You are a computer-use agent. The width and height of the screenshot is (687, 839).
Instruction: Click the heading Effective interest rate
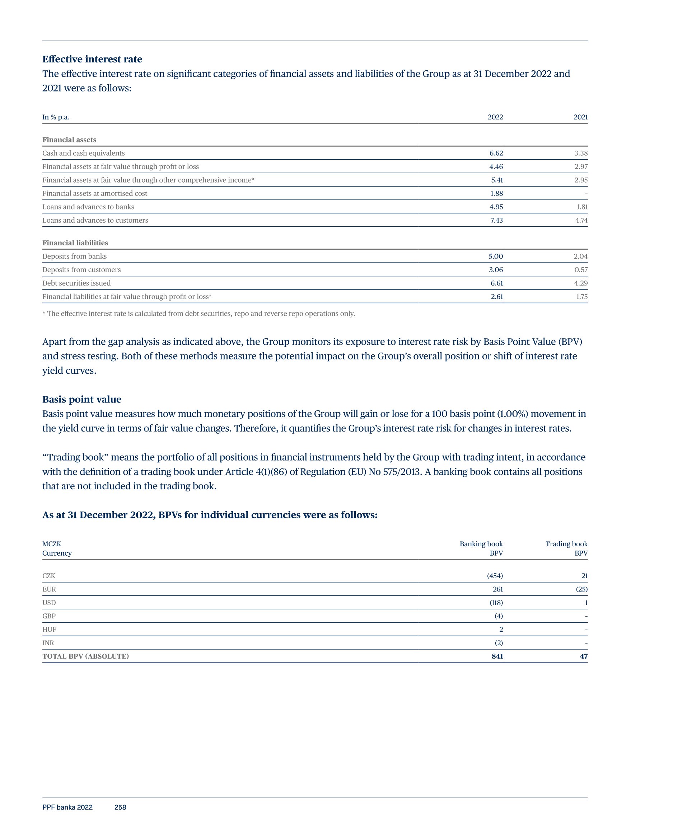tap(92, 59)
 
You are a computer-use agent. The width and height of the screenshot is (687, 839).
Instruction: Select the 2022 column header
tap(495, 117)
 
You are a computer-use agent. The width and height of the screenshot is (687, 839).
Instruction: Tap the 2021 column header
tap(580, 117)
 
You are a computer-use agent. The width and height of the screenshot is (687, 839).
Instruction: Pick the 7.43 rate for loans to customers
tap(496, 221)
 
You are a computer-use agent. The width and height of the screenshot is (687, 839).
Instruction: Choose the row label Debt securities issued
tap(76, 283)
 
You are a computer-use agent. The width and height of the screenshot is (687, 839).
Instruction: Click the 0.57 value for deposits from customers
tap(581, 270)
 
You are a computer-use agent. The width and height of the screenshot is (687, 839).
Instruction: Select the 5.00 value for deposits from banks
tap(495, 256)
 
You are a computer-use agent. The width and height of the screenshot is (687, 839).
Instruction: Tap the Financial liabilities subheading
tap(75, 243)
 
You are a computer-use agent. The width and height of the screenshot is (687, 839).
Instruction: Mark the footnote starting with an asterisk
tap(198, 314)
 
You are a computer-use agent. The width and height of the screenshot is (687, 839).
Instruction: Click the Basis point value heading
tap(82, 399)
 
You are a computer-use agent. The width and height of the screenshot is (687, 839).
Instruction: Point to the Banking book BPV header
tap(481, 548)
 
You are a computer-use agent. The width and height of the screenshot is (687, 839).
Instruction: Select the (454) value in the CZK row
tap(495, 576)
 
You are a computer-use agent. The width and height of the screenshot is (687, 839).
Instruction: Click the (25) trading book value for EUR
tap(581, 589)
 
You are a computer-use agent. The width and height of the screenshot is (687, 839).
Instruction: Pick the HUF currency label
tap(50, 630)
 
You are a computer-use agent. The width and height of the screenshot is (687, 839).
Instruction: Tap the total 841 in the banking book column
tap(497, 656)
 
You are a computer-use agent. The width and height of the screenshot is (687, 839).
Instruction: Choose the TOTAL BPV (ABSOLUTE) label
tap(85, 656)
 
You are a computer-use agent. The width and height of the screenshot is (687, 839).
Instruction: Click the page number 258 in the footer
tap(120, 807)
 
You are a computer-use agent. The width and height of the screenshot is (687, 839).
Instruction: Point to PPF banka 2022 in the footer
tap(67, 807)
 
